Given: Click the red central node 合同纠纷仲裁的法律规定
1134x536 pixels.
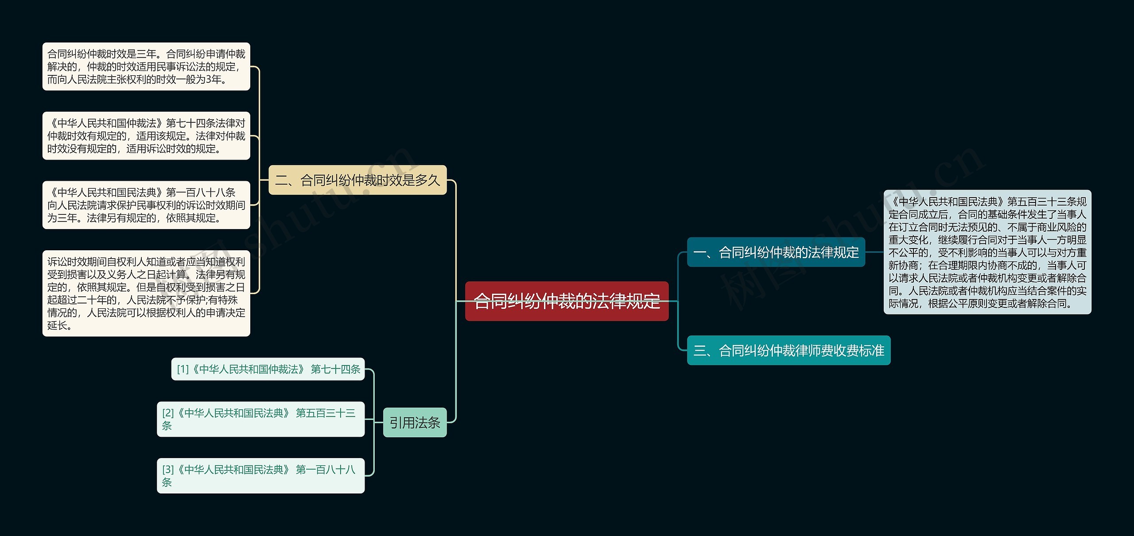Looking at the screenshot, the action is [567, 301].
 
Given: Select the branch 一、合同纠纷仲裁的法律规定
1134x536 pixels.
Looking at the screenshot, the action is [776, 252].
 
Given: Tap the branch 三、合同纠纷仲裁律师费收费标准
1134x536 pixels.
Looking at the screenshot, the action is [788, 350].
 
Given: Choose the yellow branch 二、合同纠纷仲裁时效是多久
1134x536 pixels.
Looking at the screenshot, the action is [357, 180].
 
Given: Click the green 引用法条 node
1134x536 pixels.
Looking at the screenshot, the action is [415, 423].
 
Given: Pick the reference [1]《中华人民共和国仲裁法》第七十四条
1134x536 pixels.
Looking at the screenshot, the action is [268, 369].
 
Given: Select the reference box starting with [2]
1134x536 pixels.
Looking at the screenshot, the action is [260, 419].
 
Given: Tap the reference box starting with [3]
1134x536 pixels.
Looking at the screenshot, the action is [260, 475].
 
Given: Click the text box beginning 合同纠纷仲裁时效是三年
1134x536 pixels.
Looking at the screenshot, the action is [146, 66].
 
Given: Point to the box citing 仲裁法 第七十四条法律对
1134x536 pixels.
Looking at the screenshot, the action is [146, 136].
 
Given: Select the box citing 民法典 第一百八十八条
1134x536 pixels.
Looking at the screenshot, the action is [146, 205].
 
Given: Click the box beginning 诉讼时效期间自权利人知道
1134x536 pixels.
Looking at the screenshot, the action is [146, 293].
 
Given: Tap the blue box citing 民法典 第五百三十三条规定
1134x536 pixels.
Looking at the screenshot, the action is [987, 252].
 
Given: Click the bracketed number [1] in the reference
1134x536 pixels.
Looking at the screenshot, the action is [183, 369].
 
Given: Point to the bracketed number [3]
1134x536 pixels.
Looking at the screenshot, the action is [168, 470].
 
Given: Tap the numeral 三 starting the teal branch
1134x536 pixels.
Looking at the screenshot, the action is [700, 351].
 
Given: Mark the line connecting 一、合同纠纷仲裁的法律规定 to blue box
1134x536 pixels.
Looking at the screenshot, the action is [874, 252].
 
